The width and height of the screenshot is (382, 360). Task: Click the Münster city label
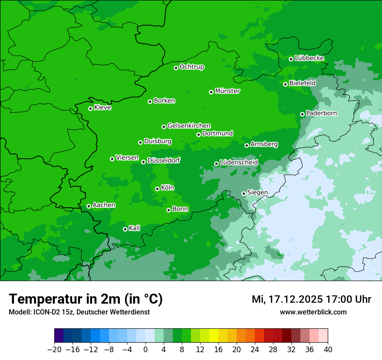pyautogui.click(x=227, y=91)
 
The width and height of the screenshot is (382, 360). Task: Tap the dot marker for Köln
pyautogui.click(x=157, y=189)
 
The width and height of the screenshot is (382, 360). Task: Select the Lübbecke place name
pyautogui.click(x=309, y=58)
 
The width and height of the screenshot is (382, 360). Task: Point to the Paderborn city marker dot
pyautogui.click(x=302, y=114)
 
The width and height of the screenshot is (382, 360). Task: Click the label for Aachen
pyautogui.click(x=104, y=205)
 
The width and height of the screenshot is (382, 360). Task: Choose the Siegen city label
pyautogui.click(x=257, y=193)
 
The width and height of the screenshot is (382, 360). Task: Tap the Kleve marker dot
pyautogui.click(x=90, y=108)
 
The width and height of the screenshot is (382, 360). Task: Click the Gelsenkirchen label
pyautogui.click(x=189, y=126)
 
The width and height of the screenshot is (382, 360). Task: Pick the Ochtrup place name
pyautogui.click(x=192, y=67)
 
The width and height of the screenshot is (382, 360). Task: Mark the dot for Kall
pyautogui.click(x=125, y=229)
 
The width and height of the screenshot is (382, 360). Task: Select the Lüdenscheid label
pyautogui.click(x=239, y=163)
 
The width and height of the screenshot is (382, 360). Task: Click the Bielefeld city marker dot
pyautogui.click(x=285, y=84)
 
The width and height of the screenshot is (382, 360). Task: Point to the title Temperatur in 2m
pyautogui.click(x=86, y=299)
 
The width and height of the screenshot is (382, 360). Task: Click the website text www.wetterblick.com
pyautogui.click(x=313, y=312)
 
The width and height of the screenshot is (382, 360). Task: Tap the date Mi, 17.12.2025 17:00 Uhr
pyautogui.click(x=311, y=299)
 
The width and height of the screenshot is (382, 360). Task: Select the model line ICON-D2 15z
pyautogui.click(x=79, y=312)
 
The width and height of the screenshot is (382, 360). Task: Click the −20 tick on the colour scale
pyautogui.click(x=54, y=350)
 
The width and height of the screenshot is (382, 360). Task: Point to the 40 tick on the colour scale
pyautogui.click(x=328, y=350)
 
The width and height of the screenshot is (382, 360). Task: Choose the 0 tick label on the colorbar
pyautogui.click(x=145, y=350)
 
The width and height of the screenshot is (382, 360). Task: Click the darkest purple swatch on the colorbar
pyautogui.click(x=59, y=336)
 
